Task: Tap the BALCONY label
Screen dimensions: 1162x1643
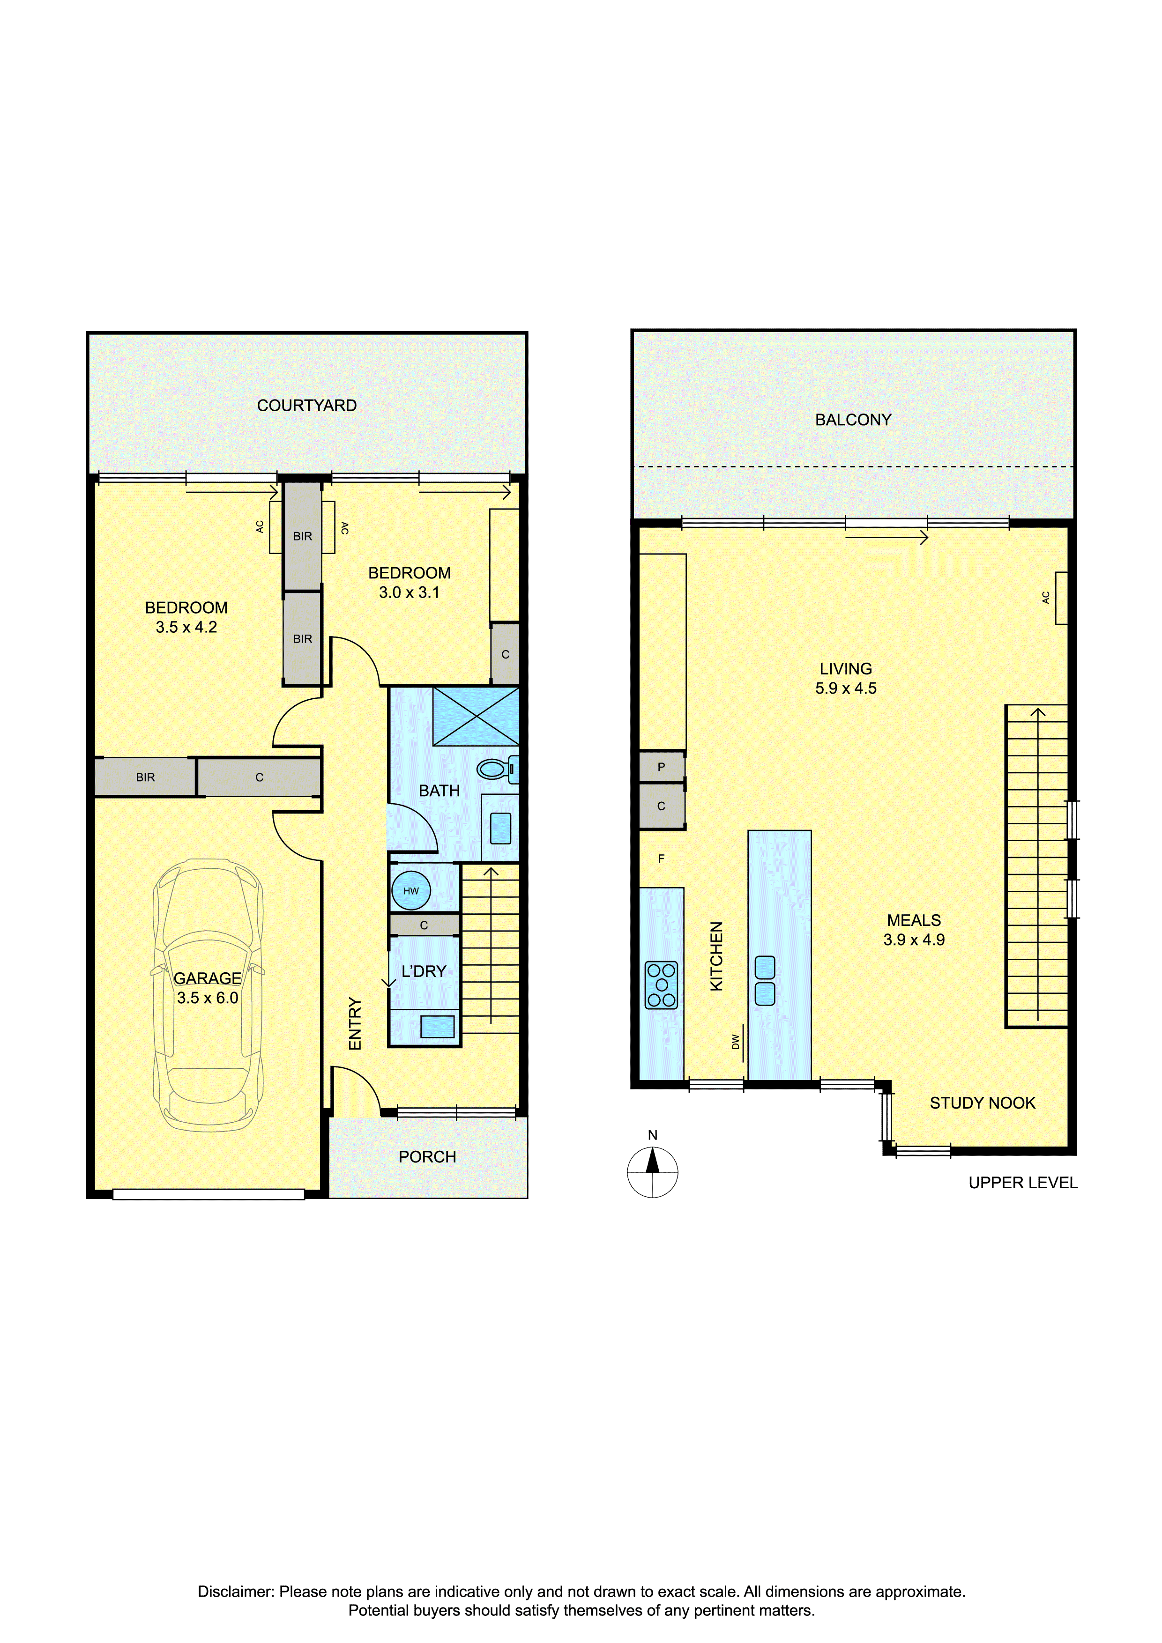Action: coord(853,420)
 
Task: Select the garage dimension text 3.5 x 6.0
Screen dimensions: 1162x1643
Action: coord(208,998)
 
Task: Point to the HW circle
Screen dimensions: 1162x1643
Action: coord(411,891)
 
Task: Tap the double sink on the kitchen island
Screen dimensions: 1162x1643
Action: coord(765,980)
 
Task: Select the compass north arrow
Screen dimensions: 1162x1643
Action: coord(652,1160)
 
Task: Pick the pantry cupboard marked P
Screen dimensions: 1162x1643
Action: coord(662,766)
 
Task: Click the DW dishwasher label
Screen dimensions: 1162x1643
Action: coord(735,1042)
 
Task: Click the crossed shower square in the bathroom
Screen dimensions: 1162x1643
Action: coord(476,716)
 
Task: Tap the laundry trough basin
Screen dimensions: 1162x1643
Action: coord(438,1027)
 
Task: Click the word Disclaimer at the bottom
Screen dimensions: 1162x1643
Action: coord(236,1591)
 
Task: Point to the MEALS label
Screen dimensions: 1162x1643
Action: coord(914,920)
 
